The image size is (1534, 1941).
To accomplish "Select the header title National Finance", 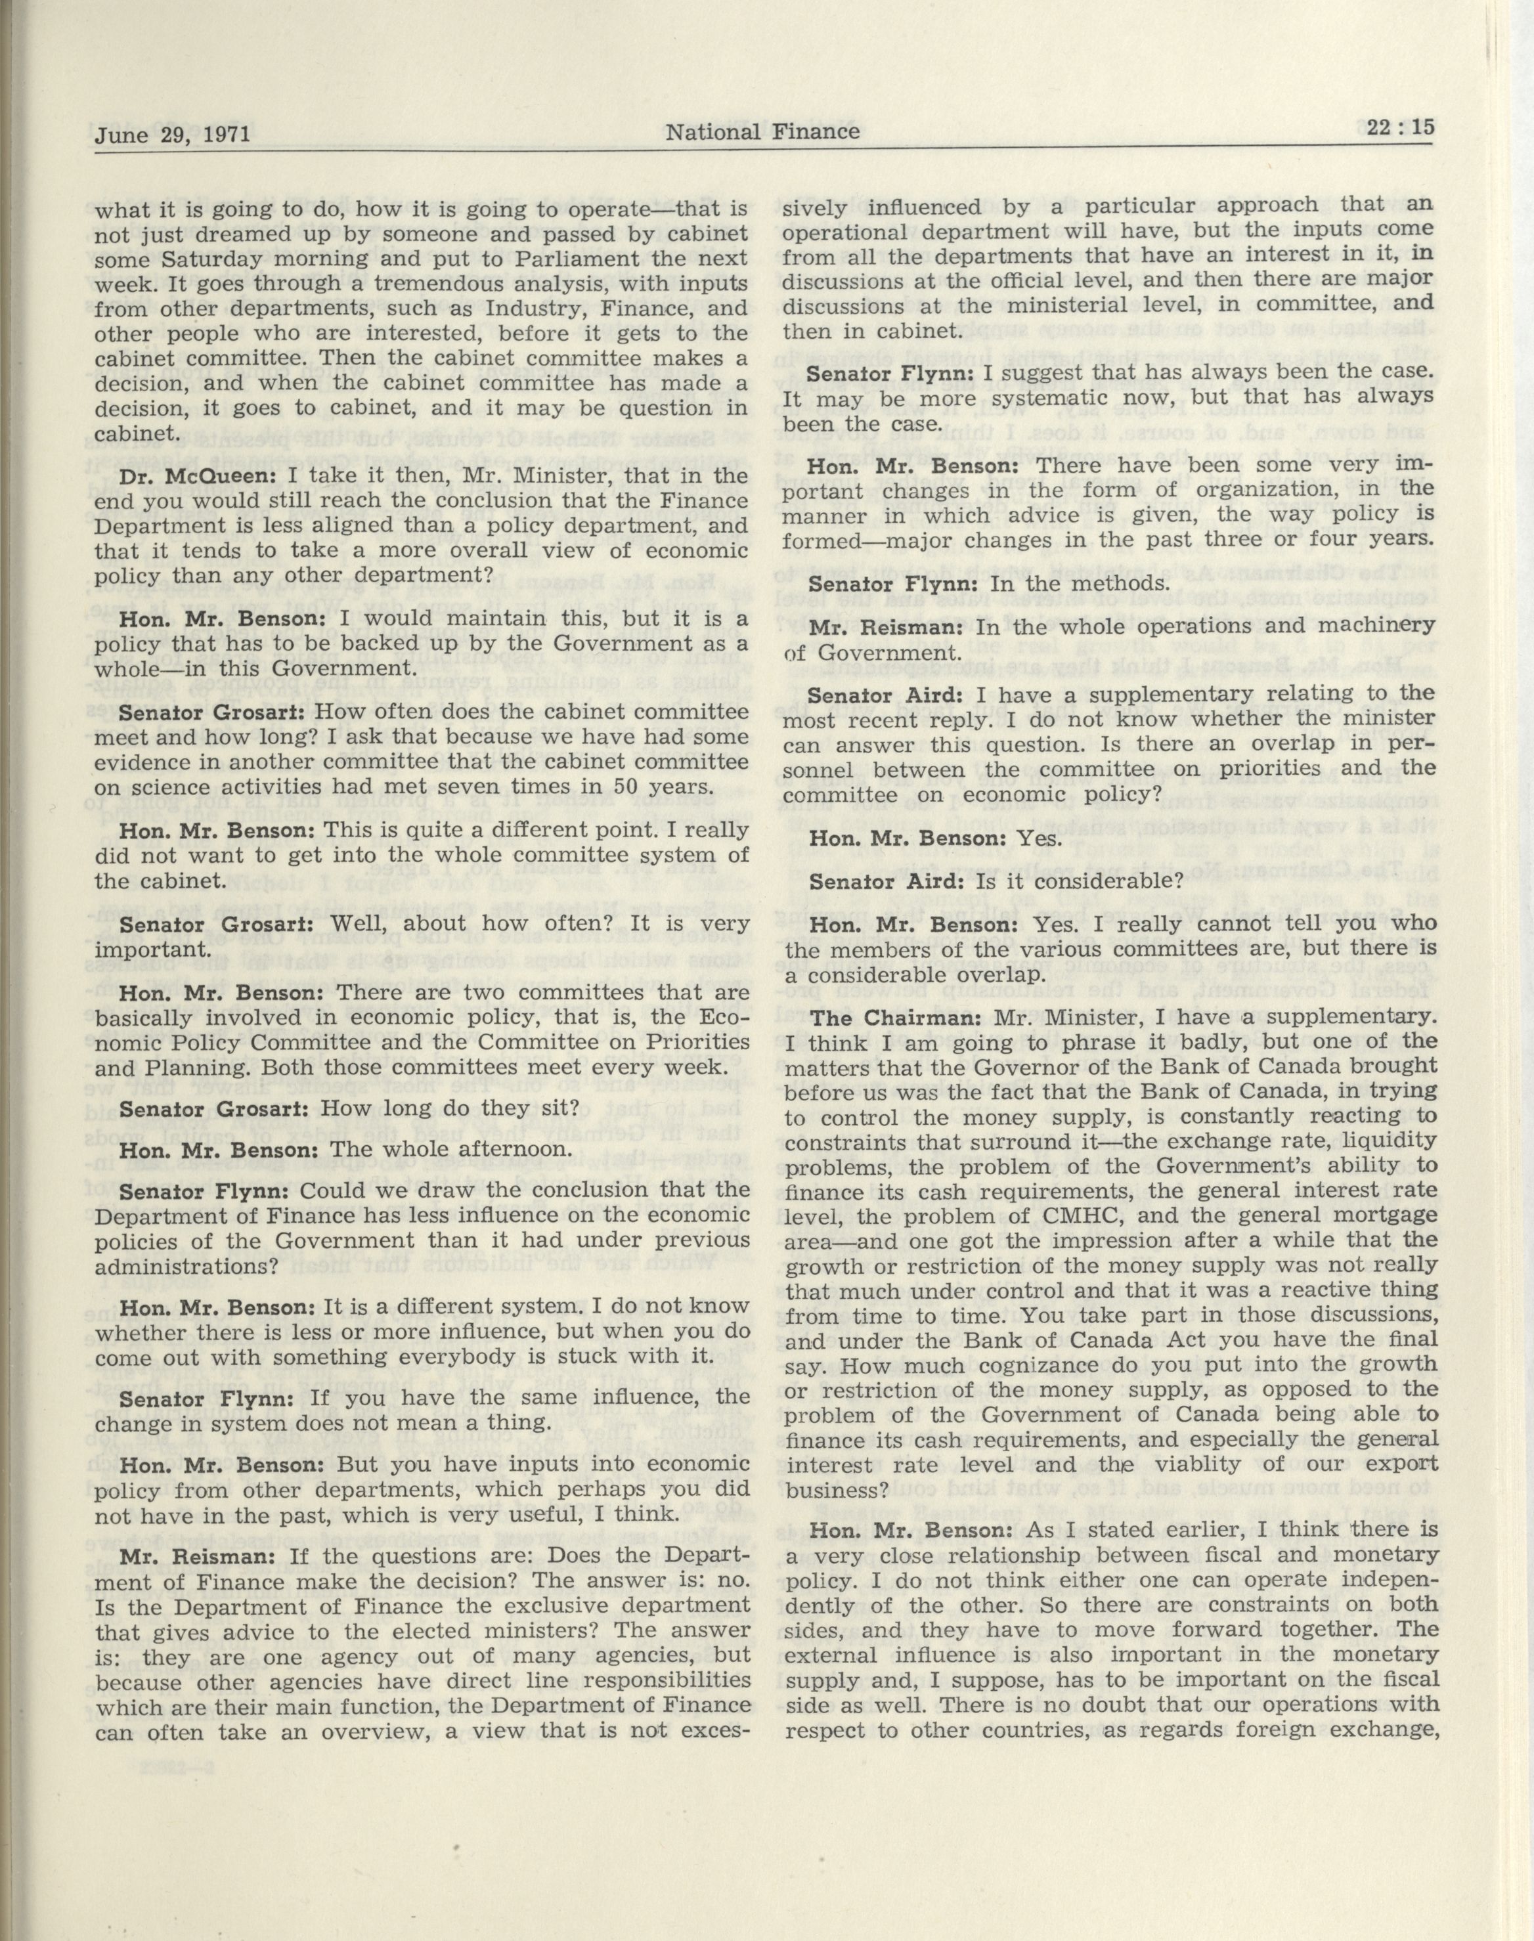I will [762, 132].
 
